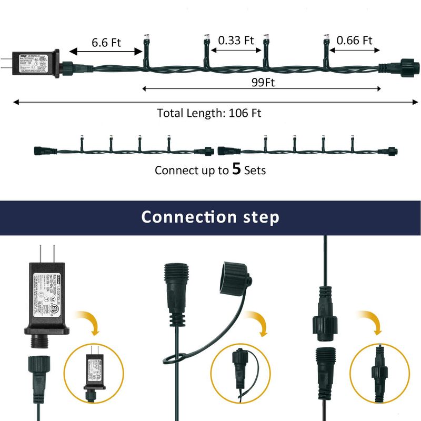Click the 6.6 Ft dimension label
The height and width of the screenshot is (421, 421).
tap(106, 42)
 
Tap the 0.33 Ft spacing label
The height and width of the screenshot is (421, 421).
tap(236, 41)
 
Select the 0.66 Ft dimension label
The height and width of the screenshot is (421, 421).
tap(354, 41)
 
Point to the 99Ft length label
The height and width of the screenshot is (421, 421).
tap(262, 83)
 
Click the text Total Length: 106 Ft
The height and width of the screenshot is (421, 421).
tap(209, 113)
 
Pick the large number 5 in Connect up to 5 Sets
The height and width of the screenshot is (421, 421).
tap(237, 169)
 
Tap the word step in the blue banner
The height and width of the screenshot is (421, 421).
tap(260, 217)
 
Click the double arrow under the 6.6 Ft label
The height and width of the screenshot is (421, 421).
tap(106, 52)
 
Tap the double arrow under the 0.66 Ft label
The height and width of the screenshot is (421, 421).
tap(355, 51)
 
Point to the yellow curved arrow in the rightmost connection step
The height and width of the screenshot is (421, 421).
tap(370, 322)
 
